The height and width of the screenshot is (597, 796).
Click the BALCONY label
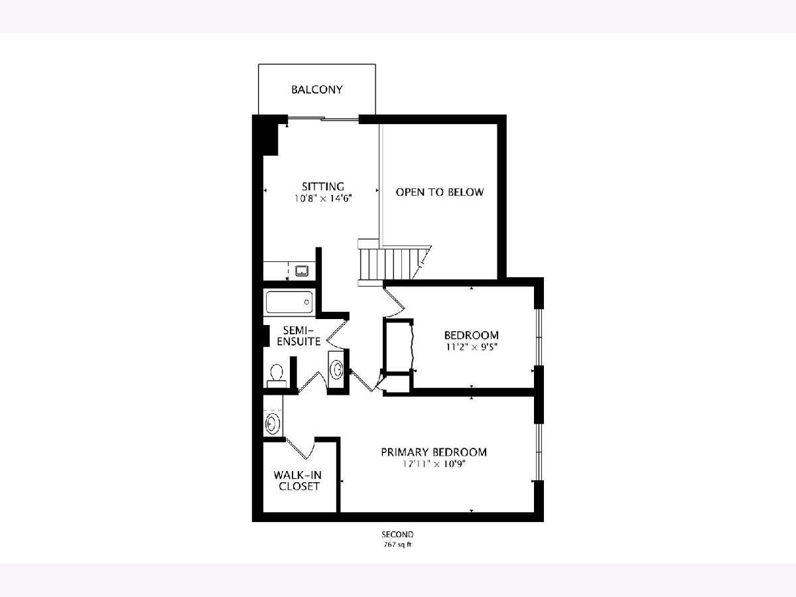point(317,90)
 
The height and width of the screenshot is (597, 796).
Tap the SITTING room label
point(323,186)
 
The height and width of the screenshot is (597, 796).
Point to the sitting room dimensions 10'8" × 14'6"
point(323,198)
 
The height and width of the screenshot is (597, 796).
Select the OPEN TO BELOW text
point(440,192)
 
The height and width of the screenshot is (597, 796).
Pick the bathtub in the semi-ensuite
point(289,302)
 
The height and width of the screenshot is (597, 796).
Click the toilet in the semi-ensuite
point(277,376)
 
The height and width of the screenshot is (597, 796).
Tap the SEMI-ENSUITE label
point(298,336)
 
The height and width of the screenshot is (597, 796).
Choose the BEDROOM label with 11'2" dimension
point(472,335)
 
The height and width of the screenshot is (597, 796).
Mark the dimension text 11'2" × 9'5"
point(472,347)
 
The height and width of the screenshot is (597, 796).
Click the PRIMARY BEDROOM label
point(434,452)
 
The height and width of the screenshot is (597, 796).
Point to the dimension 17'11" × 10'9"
point(434,464)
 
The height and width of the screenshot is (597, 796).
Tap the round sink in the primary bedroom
point(273,423)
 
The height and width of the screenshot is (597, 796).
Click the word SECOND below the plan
point(397,534)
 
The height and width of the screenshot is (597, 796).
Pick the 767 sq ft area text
point(397,545)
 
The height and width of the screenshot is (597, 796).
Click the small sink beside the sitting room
point(302,271)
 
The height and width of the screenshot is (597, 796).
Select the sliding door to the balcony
point(323,118)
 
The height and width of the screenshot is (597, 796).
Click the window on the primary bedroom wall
point(539,452)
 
